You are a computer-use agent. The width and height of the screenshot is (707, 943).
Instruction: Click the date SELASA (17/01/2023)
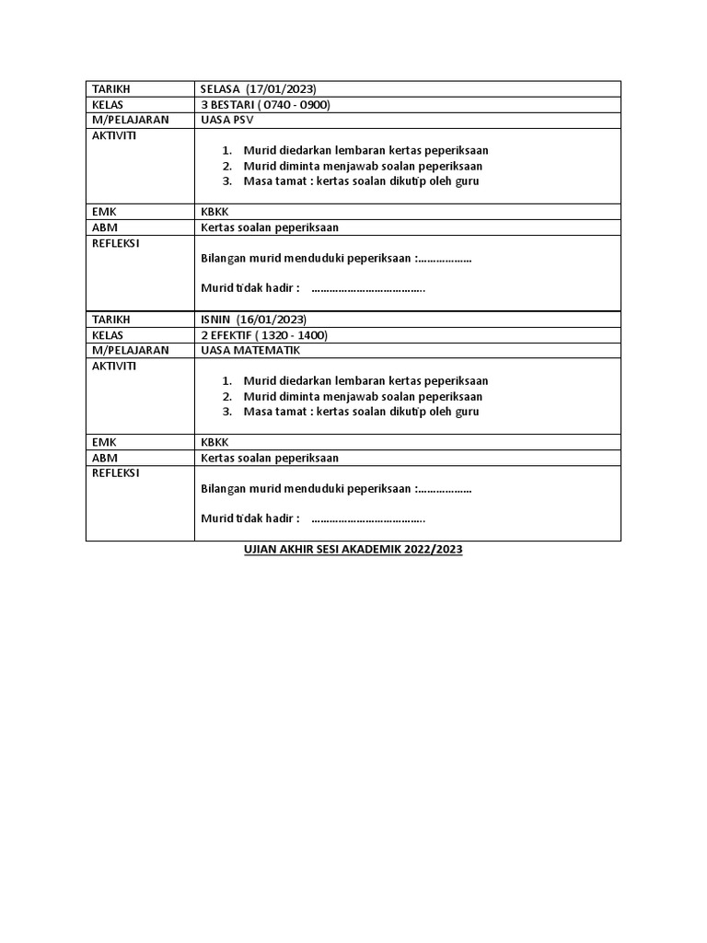pos(258,88)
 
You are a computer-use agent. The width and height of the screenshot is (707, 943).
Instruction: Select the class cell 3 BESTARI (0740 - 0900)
pos(265,104)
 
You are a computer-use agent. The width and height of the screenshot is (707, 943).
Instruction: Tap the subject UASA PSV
pos(227,120)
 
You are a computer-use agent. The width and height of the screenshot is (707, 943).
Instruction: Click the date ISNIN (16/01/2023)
pos(252,320)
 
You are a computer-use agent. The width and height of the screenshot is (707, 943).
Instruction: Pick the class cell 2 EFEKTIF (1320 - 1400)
pos(263,335)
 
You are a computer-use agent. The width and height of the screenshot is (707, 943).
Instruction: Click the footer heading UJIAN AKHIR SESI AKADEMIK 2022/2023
pos(353,550)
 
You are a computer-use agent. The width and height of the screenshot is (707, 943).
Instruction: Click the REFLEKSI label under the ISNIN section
pos(116,473)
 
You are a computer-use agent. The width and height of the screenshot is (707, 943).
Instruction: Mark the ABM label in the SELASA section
pos(105,227)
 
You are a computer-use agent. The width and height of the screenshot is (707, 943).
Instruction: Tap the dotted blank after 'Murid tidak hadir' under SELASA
pos(368,288)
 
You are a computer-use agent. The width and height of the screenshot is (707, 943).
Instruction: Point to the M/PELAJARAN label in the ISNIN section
pos(130,351)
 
